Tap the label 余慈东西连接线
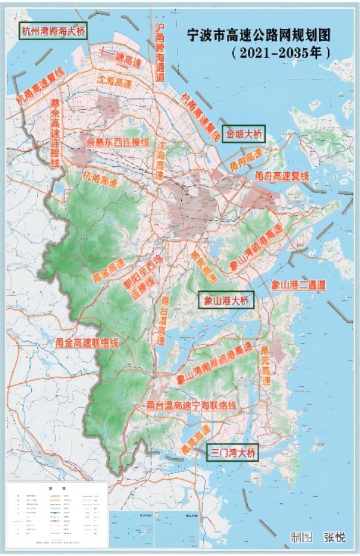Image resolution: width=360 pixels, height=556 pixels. (x=118, y=143)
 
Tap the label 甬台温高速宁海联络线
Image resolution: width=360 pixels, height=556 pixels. (x=191, y=406)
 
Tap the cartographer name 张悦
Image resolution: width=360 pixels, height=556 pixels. (x=335, y=537)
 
